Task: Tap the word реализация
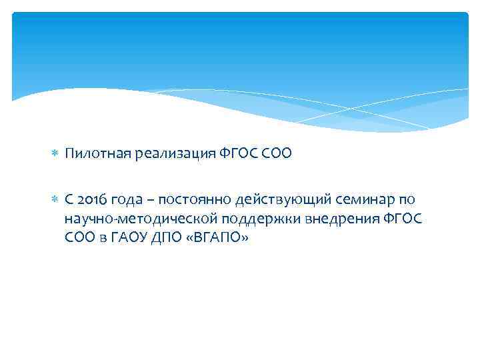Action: [x=166, y=154]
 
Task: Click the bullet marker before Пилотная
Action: [x=56, y=154]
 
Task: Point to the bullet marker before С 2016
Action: [x=56, y=199]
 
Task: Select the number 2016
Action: [x=91, y=199]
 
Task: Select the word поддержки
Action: [x=245, y=219]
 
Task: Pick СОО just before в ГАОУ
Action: [x=81, y=238]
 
